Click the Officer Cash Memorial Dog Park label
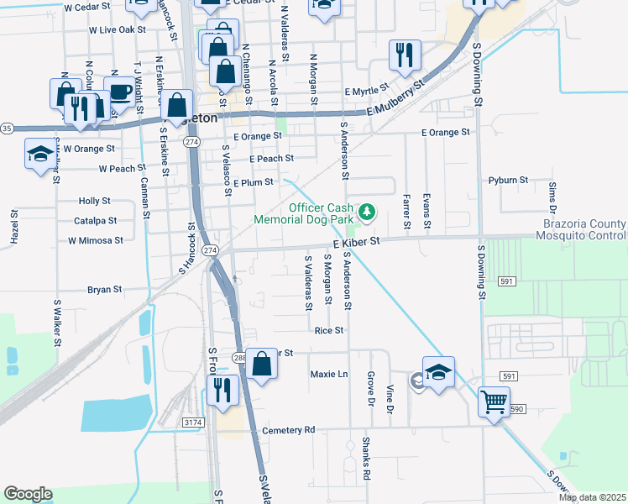tap(310, 213)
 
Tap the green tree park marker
tap(367, 210)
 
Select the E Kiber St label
tap(356, 241)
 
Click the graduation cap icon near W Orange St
tap(39, 155)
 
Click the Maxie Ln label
tap(329, 374)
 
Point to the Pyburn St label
tap(507, 181)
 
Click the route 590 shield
tap(515, 409)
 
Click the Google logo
tap(28, 493)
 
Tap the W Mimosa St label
tap(96, 240)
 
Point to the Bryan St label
tap(104, 290)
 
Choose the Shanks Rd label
tap(366, 457)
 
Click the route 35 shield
tap(7, 129)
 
